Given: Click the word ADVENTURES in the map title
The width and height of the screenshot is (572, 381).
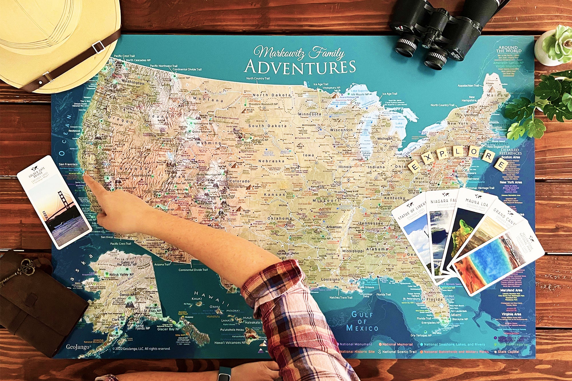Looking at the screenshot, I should [300, 67].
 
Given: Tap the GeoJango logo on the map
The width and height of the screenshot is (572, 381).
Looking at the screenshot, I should [78, 347].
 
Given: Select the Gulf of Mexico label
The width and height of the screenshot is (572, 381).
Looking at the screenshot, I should [362, 321].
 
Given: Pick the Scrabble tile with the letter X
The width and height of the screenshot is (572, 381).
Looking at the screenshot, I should [428, 157].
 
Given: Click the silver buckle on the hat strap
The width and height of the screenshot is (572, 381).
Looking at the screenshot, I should [98, 47].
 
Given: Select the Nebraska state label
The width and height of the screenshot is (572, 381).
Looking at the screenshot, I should [271, 161].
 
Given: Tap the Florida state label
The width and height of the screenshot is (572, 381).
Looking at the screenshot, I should [434, 299].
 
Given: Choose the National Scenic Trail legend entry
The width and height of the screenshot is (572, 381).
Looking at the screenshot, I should [399, 352].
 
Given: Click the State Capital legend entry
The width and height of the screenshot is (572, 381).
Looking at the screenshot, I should [508, 352].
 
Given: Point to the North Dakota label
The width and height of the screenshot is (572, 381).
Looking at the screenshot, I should [271, 95].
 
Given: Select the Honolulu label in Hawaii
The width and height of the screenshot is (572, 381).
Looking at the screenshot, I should [213, 316].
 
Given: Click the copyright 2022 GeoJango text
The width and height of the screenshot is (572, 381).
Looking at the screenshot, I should [141, 349].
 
